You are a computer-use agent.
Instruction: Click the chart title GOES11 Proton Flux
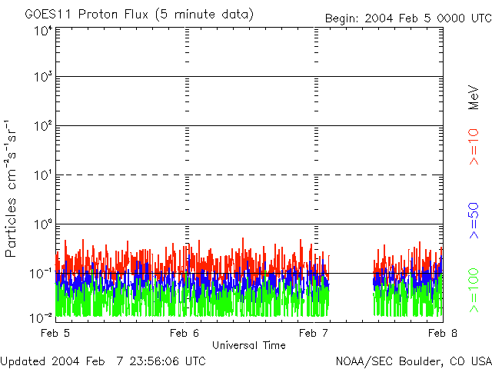click(x=138, y=15)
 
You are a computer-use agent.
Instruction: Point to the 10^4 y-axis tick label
click(x=43, y=31)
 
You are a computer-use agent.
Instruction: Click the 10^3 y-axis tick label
click(x=43, y=78)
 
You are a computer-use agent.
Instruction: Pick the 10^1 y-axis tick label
click(x=43, y=176)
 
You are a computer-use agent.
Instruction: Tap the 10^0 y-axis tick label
click(x=43, y=225)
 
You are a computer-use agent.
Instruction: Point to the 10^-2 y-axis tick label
click(x=42, y=317)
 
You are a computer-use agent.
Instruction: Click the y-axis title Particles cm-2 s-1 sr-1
click(x=14, y=188)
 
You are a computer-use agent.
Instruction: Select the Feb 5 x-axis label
click(x=55, y=333)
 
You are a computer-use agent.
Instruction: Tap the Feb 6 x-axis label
click(x=184, y=333)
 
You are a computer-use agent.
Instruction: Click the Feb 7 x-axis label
click(x=314, y=333)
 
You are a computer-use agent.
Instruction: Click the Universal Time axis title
click(x=249, y=345)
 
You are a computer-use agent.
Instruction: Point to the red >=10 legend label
click(x=474, y=147)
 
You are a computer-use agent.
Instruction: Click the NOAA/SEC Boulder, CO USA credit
click(x=413, y=361)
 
